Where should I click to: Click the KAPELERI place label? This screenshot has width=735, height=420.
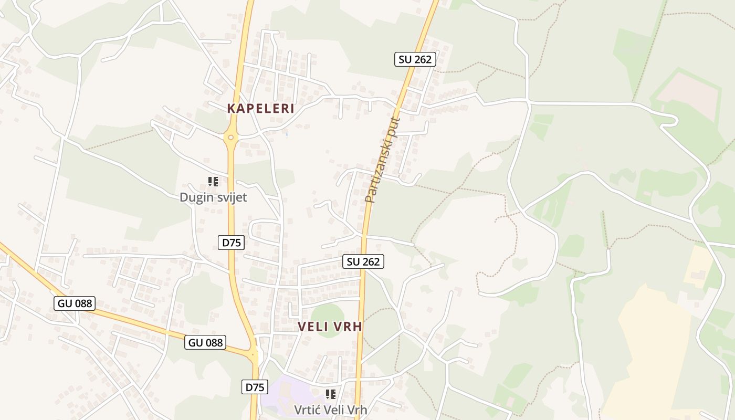point(260,109)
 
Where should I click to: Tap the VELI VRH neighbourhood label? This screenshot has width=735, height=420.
point(330,327)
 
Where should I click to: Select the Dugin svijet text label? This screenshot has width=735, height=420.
point(213,197)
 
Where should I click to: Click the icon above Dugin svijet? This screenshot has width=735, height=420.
point(213,182)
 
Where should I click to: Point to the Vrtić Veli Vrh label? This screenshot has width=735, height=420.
point(330,409)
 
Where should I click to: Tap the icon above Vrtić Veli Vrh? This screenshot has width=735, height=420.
point(330,394)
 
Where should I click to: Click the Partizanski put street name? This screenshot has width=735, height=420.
point(383,160)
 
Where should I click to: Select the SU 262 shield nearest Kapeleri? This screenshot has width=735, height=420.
point(415,59)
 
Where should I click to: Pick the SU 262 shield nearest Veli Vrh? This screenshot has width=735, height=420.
point(363,261)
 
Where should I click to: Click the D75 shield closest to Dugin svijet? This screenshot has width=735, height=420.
point(231,243)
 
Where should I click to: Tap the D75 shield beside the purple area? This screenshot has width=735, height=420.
point(255,387)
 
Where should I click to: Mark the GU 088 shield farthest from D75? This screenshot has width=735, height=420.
point(74,303)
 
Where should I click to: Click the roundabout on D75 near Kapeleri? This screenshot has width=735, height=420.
point(230,138)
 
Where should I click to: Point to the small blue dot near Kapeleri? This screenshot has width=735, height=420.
point(287,134)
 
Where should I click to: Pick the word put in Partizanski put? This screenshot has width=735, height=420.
point(394,127)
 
